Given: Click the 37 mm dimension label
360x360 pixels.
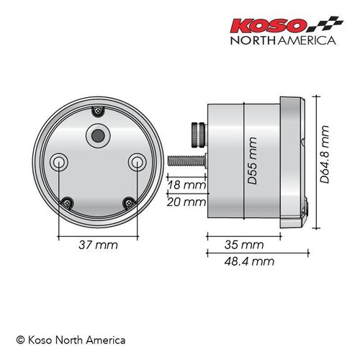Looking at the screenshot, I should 98,246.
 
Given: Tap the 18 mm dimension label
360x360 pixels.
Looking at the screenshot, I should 184,186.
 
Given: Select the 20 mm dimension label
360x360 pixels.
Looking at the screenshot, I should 184,202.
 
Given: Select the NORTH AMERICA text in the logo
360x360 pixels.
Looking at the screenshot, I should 282,41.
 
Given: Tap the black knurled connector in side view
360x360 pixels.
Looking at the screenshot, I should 197,133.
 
